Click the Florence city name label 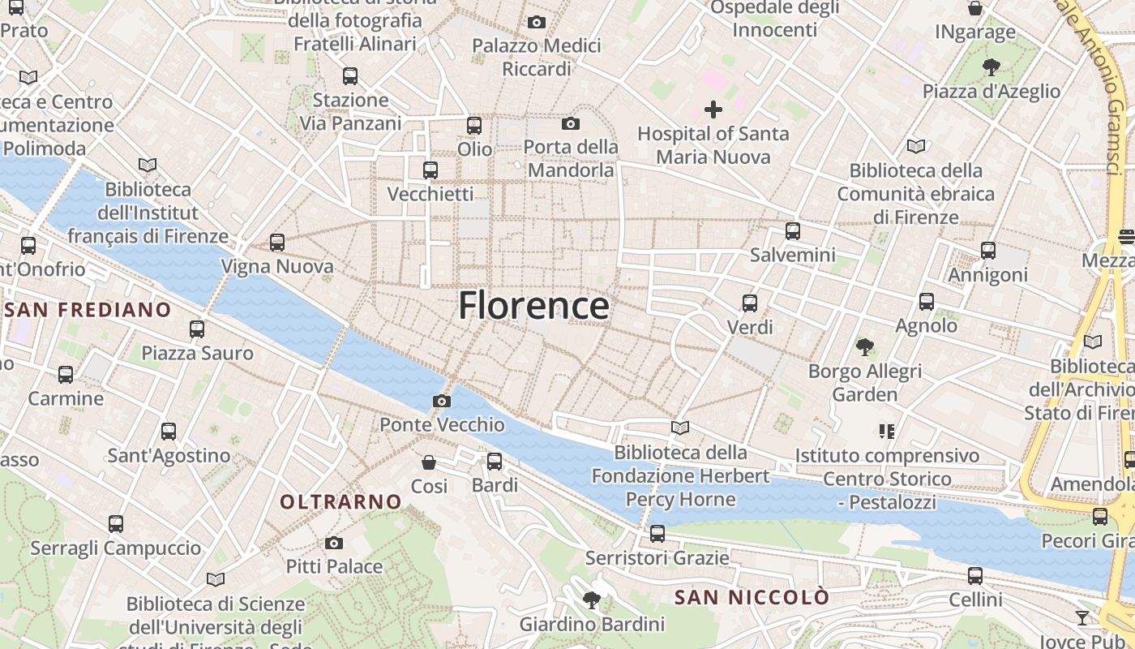click(x=533, y=306)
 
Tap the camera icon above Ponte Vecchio click(x=442, y=401)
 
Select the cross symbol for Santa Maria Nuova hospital click(x=713, y=109)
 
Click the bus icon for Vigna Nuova click(x=277, y=242)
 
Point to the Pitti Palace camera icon click(x=334, y=543)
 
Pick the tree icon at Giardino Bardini click(x=592, y=600)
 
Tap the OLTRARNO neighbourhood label click(x=340, y=502)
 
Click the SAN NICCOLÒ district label click(x=752, y=598)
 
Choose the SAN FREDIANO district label click(x=88, y=310)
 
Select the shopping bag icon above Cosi click(x=429, y=462)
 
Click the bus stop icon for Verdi click(x=750, y=303)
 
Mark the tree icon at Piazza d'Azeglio click(x=991, y=67)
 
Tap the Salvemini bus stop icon click(x=793, y=230)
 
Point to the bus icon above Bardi click(x=495, y=462)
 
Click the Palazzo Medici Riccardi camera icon click(x=536, y=22)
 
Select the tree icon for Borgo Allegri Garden click(x=865, y=347)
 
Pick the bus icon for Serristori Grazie click(x=657, y=534)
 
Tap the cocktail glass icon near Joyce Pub click(x=1082, y=618)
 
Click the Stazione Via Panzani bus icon click(x=350, y=76)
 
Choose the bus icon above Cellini click(x=975, y=576)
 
